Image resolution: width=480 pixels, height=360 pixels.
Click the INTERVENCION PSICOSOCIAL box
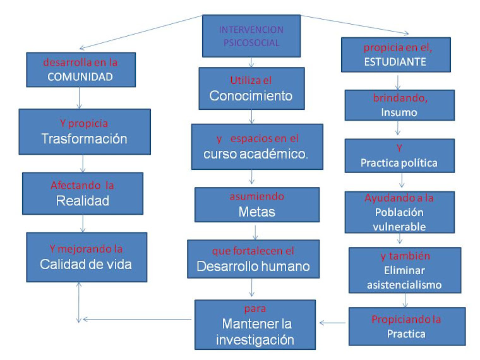pyautogui.click(x=251, y=36)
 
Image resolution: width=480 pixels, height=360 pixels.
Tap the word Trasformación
pyautogui.click(x=85, y=139)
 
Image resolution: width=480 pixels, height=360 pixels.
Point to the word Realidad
pyautogui.click(x=83, y=201)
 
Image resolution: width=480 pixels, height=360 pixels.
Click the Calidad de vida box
pyautogui.click(x=86, y=256)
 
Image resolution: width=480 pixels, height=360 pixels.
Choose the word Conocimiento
pyautogui.click(x=251, y=97)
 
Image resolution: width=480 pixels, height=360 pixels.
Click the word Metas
pyautogui.click(x=256, y=212)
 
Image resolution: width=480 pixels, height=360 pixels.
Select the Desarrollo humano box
pyautogui.click(x=253, y=259)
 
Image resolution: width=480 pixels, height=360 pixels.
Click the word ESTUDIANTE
pyautogui.click(x=395, y=62)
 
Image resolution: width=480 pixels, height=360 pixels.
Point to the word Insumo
pyautogui.click(x=399, y=112)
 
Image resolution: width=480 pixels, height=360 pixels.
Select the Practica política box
pyautogui.click(x=399, y=155)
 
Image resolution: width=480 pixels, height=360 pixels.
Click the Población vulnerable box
pyautogui.click(x=399, y=212)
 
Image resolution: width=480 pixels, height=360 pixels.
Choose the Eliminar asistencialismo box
pyautogui.click(x=404, y=270)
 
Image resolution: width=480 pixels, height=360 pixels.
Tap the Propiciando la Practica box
pyautogui.click(x=406, y=327)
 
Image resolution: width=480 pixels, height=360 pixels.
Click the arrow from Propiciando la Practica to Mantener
pyautogui.click(x=332, y=323)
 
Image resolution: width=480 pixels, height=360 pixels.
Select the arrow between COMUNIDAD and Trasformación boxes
pyautogui.click(x=80, y=97)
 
